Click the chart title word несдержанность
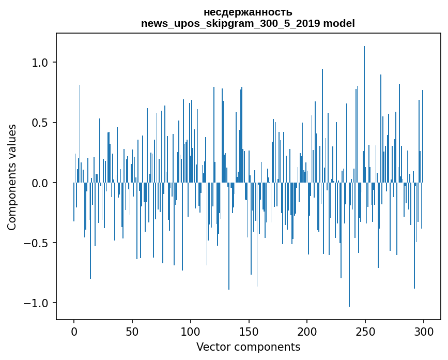(x=248, y=12)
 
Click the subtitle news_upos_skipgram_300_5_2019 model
(x=248, y=23)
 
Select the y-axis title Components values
(x=12, y=177)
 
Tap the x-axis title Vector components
(x=248, y=347)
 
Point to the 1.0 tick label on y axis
(x=40, y=63)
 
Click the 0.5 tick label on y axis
(x=40, y=123)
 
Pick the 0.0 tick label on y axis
(x=40, y=183)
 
